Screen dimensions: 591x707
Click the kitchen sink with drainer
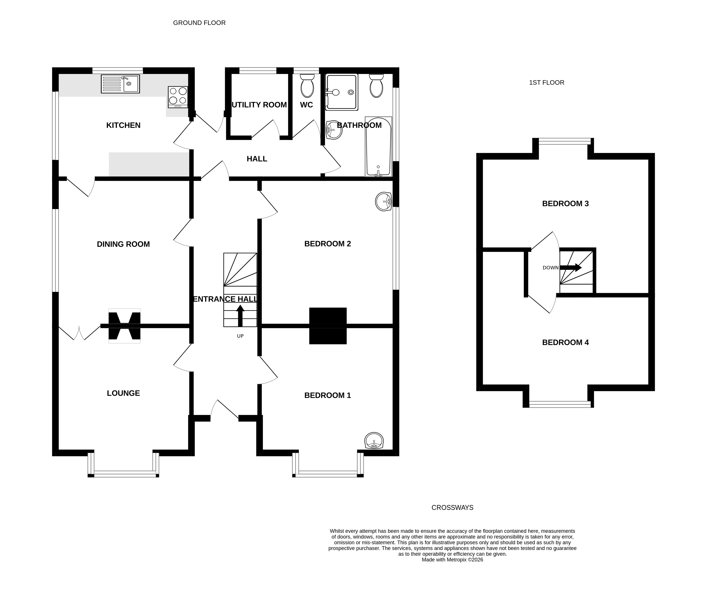pos(120,84)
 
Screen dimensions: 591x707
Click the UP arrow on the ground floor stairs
pos(240,316)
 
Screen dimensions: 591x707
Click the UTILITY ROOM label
pos(259,105)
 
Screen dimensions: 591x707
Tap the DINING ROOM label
pos(123,244)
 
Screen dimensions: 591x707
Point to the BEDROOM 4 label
pos(565,342)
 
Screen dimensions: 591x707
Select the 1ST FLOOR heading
pos(546,83)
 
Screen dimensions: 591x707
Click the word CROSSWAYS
pos(452,507)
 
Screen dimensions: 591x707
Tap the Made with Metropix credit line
pos(452,560)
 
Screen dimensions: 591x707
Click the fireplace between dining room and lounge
pos(124,326)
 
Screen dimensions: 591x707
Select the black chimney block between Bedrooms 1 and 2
pos(328,326)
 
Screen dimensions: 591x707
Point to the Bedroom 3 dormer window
pos(564,141)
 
